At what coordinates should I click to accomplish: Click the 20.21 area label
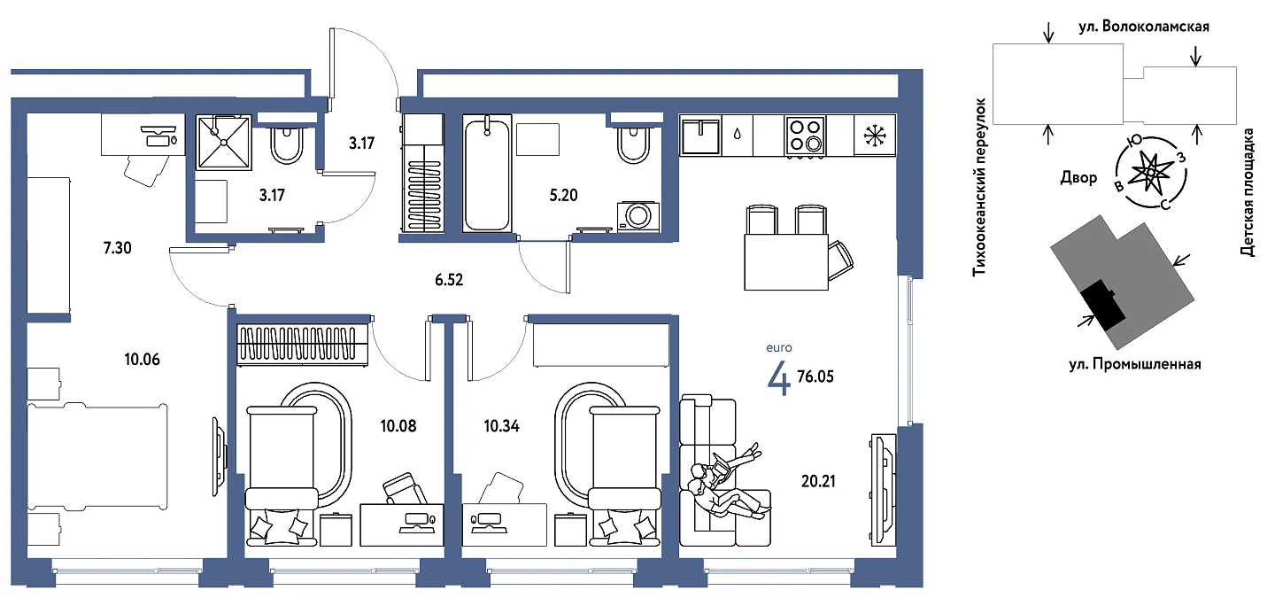[x=818, y=481]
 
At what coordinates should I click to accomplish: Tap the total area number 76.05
[x=815, y=377]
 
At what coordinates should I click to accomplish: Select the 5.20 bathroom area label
[x=563, y=195]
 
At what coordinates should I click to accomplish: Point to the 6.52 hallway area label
[x=449, y=280]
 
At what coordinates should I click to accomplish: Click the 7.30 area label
[x=117, y=248]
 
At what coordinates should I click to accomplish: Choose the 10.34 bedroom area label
[x=501, y=426]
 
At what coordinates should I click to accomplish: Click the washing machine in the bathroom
[x=638, y=216]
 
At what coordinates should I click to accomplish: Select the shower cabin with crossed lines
[x=224, y=143]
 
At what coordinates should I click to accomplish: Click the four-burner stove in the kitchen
[x=805, y=136]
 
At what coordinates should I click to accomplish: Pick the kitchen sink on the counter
[x=700, y=136]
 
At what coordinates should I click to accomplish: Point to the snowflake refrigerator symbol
[x=875, y=136]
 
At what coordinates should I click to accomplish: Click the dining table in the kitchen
[x=786, y=262]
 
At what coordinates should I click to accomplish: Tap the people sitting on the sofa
[x=726, y=481]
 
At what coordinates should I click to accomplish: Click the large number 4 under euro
[x=778, y=377]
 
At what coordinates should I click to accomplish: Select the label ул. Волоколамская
[x=1144, y=27]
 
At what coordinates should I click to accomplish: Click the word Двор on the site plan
[x=1078, y=178]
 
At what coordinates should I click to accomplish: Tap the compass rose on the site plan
[x=1151, y=173]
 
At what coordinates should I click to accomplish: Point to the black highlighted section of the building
[x=1103, y=305]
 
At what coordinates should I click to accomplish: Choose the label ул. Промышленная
[x=1135, y=364]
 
